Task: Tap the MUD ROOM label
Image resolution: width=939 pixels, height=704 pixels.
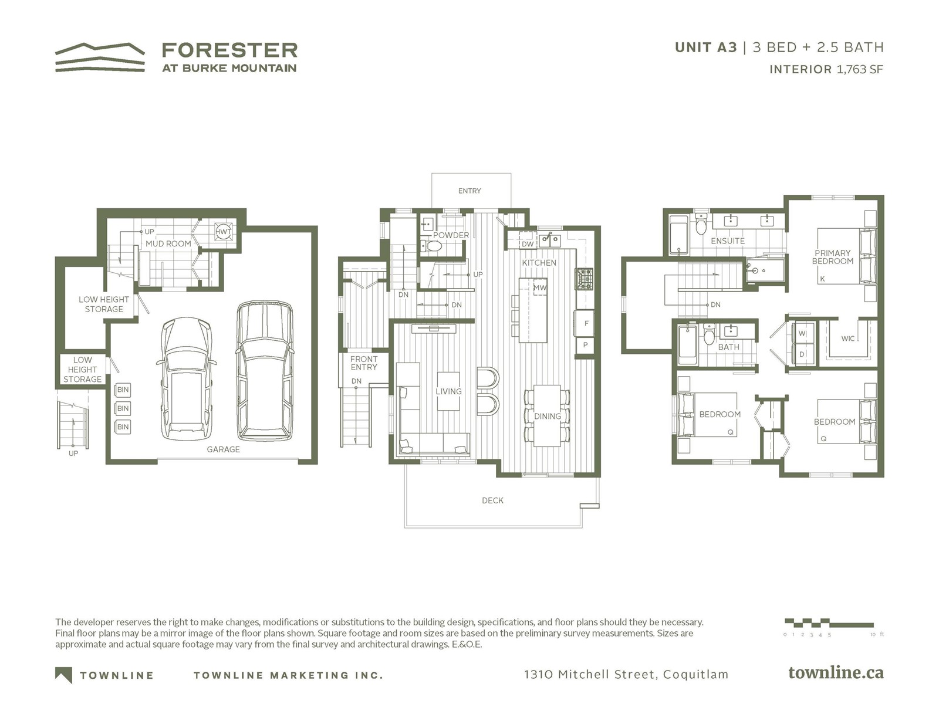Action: tap(168, 243)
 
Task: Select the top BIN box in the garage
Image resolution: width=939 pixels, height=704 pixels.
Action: tap(123, 390)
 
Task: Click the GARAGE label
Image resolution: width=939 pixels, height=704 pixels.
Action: tap(224, 449)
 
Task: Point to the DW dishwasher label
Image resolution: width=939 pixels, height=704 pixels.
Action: tap(528, 244)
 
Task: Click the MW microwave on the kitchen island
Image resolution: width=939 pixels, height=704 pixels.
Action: tap(540, 287)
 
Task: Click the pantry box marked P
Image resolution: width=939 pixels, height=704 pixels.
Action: tap(585, 344)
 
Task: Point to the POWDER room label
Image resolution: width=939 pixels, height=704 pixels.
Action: tap(451, 235)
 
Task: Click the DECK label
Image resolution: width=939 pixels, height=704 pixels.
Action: tap(492, 500)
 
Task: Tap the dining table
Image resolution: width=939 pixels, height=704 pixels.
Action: tap(547, 416)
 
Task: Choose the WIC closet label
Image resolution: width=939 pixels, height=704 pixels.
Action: tap(847, 339)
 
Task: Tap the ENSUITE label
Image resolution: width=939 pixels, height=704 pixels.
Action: tap(728, 241)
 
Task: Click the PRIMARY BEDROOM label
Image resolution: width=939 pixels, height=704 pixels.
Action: tap(832, 257)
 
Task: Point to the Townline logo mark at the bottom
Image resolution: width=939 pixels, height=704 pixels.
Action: tap(63, 675)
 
